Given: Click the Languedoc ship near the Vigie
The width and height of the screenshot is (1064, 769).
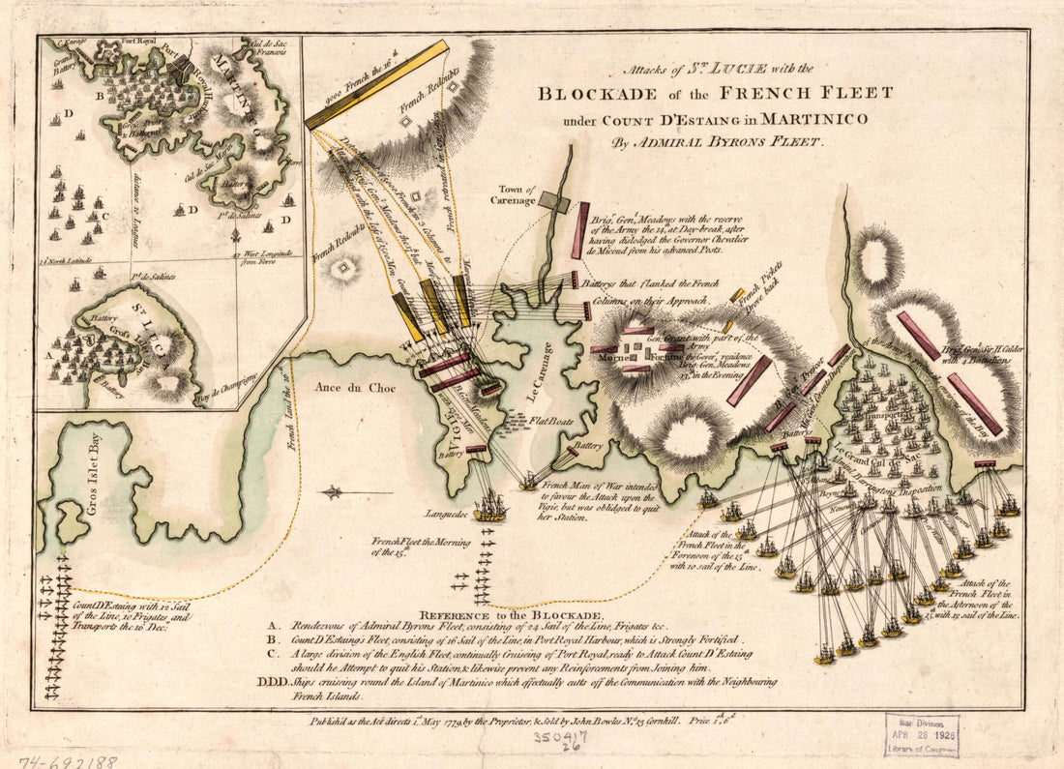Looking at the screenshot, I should (490, 505).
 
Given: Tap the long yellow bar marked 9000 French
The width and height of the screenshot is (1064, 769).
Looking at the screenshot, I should (377, 84).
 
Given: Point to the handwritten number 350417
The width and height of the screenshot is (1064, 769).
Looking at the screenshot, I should (569, 737).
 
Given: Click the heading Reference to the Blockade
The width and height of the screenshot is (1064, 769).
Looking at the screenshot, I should (512, 614).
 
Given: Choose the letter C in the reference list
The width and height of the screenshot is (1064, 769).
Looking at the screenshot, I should (276, 653).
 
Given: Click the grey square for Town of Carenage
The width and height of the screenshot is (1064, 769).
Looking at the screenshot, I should (554, 201).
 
